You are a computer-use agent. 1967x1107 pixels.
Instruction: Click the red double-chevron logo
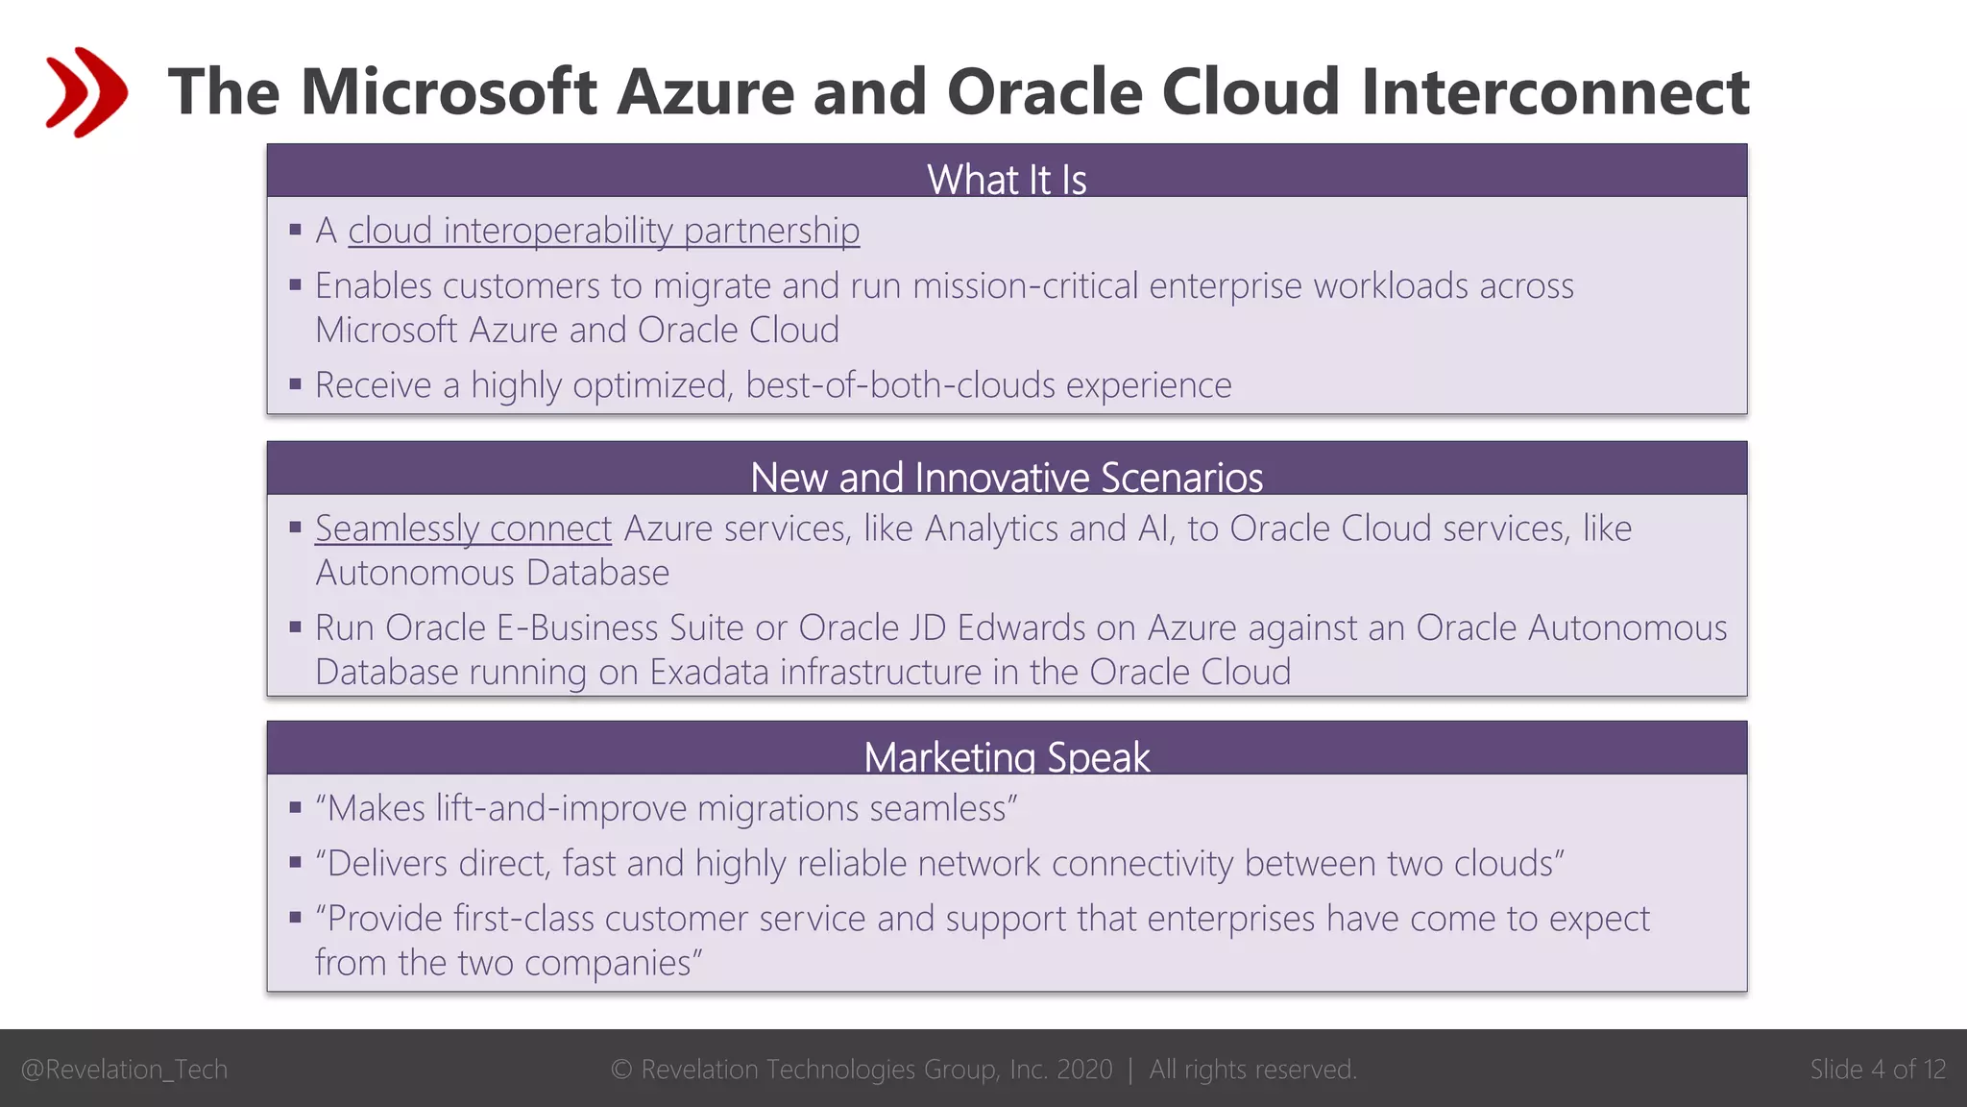(85, 92)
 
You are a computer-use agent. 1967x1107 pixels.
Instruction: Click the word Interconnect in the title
(1555, 92)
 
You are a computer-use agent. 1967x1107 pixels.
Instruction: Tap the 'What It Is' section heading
(1006, 179)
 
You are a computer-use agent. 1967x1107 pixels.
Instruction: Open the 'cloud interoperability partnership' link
(603, 231)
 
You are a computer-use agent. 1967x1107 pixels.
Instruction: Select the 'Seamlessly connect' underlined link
(463, 529)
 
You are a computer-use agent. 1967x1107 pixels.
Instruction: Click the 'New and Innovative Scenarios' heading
(1006, 477)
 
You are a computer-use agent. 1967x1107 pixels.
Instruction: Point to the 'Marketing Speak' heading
(1006, 756)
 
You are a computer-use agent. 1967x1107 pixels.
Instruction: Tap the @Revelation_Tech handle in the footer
(124, 1069)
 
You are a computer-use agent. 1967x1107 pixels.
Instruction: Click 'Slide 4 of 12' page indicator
(1877, 1069)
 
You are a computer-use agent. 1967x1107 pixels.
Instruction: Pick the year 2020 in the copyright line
(1084, 1069)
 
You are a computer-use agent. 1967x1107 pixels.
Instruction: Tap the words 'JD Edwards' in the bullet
(998, 627)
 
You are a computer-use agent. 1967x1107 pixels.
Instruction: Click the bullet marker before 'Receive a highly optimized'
(295, 384)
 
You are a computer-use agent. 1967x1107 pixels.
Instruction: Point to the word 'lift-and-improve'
(561, 808)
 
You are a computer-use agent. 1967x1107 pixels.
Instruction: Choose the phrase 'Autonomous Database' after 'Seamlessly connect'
(492, 573)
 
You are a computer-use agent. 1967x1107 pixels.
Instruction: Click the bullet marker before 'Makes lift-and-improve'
(295, 808)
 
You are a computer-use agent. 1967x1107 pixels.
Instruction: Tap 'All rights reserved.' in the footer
(1252, 1069)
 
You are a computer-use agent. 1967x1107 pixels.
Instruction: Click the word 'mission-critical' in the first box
(1025, 285)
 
